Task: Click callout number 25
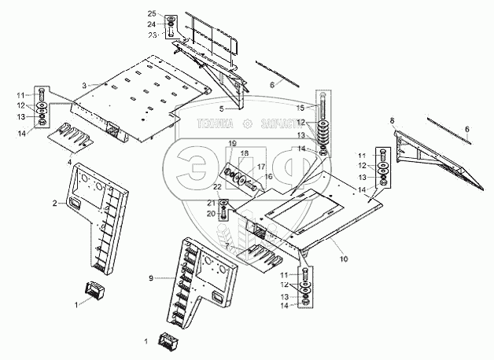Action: [x=152, y=15]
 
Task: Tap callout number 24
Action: [x=152, y=25]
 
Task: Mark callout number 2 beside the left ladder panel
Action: [x=54, y=203]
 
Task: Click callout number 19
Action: [x=233, y=142]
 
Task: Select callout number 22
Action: [x=216, y=186]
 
